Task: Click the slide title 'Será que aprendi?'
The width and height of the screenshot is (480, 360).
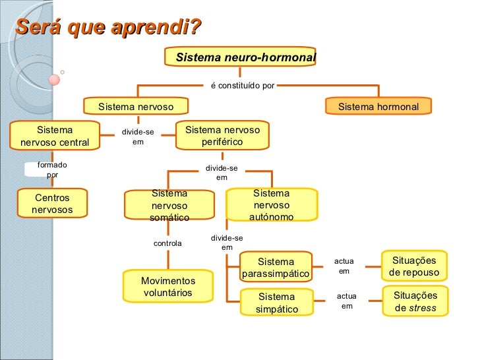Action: [108, 28]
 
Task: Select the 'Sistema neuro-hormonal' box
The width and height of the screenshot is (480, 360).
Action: [245, 57]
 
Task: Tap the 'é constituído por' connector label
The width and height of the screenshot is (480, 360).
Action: [242, 85]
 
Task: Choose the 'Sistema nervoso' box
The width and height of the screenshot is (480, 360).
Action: [136, 106]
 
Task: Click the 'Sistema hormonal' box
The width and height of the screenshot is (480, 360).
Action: [378, 106]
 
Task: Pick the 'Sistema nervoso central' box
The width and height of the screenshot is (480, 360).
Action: [55, 136]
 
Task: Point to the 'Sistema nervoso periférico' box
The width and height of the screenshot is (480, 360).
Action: [222, 136]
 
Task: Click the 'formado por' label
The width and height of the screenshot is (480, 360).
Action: [52, 170]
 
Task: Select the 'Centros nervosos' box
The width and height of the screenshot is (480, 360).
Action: [52, 204]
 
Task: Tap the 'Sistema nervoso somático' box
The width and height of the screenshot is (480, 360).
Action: [169, 205]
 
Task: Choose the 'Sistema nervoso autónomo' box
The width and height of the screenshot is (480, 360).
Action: [271, 205]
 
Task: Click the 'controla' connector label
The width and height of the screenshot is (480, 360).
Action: [167, 243]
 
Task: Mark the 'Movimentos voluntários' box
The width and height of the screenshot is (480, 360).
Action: [167, 286]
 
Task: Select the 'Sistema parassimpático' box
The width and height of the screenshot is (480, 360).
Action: [276, 267]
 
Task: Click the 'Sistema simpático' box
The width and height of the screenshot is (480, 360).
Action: [276, 303]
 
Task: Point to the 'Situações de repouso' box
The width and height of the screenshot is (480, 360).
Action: [414, 266]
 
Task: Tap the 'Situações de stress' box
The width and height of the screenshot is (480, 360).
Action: [415, 301]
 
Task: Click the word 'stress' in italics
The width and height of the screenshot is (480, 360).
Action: [423, 308]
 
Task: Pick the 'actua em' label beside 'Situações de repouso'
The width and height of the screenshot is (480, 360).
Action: [344, 266]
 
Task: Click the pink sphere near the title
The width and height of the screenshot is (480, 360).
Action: [54, 80]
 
